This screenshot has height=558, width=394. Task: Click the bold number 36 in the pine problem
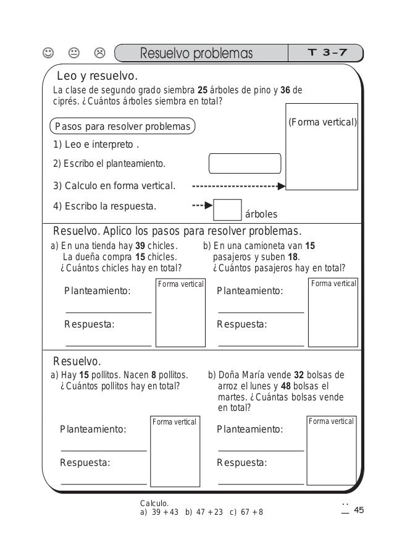pyautogui.click(x=285, y=90)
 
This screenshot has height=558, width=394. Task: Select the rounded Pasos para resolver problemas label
pyautogui.click(x=122, y=127)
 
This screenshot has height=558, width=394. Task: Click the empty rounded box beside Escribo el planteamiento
pyautogui.click(x=245, y=164)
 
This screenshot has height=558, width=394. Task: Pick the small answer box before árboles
pyautogui.click(x=227, y=209)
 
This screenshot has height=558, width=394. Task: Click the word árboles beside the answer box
pyautogui.click(x=262, y=214)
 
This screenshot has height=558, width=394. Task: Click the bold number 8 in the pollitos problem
pyautogui.click(x=154, y=374)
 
